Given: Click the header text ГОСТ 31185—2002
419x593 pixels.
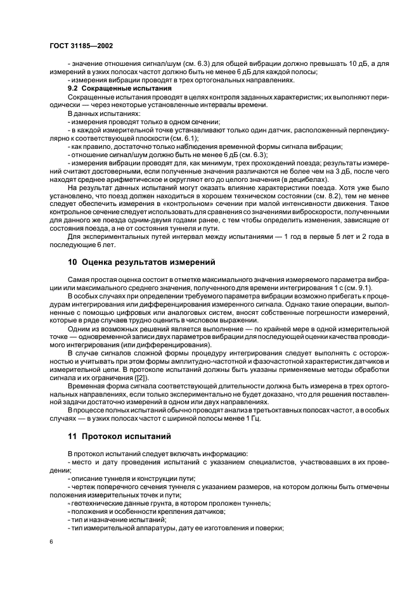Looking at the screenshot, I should point(77,47).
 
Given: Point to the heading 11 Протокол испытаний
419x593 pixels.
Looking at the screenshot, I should point(121,437).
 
